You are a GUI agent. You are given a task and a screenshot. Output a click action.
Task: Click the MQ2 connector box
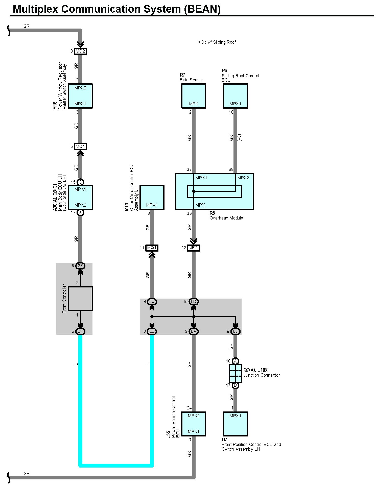[80, 51]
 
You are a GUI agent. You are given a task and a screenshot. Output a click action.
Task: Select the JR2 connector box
[194, 248]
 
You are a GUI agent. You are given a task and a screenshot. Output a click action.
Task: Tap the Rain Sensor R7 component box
[194, 96]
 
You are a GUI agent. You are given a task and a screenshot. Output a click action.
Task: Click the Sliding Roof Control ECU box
[235, 96]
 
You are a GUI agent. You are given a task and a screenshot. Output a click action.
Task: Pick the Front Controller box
[80, 299]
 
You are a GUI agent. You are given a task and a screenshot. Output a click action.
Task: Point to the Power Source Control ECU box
[194, 424]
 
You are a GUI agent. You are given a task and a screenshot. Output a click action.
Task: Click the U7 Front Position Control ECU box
[235, 424]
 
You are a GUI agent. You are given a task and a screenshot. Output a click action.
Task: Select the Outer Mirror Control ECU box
[152, 197]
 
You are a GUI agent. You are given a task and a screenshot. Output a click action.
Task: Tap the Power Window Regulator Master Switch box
[80, 96]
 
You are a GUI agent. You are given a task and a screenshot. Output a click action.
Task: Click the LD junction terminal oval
[194, 302]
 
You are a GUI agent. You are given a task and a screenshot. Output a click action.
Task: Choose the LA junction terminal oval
[194, 331]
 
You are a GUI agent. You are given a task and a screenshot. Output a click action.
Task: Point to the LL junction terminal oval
[152, 331]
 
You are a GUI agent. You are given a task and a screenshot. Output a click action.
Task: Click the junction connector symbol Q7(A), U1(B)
[235, 373]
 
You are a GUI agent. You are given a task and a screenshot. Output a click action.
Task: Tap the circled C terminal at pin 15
[80, 182]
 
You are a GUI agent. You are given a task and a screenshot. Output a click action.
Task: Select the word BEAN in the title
[202, 9]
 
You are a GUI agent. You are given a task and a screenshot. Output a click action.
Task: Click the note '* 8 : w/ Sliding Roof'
[217, 42]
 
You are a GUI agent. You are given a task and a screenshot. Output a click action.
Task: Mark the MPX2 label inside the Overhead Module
[243, 178]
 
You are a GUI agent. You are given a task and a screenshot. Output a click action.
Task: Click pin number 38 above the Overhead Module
[231, 169]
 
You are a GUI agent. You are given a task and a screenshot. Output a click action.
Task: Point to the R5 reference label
[212, 213]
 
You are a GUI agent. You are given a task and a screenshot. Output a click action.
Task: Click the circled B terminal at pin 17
[235, 385]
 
